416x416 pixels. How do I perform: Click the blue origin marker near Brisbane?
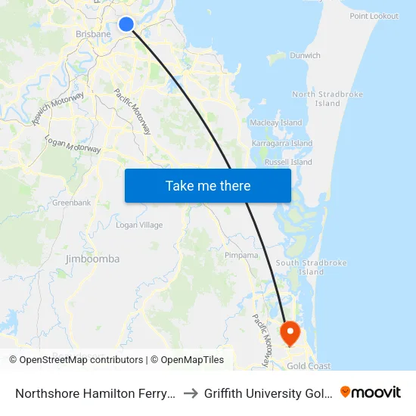127,25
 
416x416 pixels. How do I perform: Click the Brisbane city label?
93,34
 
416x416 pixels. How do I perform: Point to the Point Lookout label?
374,16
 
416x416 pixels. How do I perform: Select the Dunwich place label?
305,55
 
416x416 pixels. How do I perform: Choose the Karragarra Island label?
281,144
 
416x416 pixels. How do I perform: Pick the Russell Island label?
288,162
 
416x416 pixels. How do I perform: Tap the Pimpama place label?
241,256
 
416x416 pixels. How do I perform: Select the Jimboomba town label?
93,259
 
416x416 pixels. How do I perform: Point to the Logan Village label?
139,225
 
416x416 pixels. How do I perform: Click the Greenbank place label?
72,203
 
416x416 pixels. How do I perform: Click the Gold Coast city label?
308,366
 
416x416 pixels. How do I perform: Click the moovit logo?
371,392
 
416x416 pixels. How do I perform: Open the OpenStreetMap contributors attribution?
81,360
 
